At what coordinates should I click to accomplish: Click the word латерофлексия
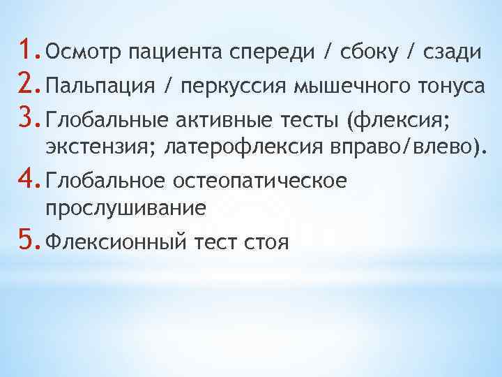pos(233,147)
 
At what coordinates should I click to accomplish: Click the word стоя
pos(263,244)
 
